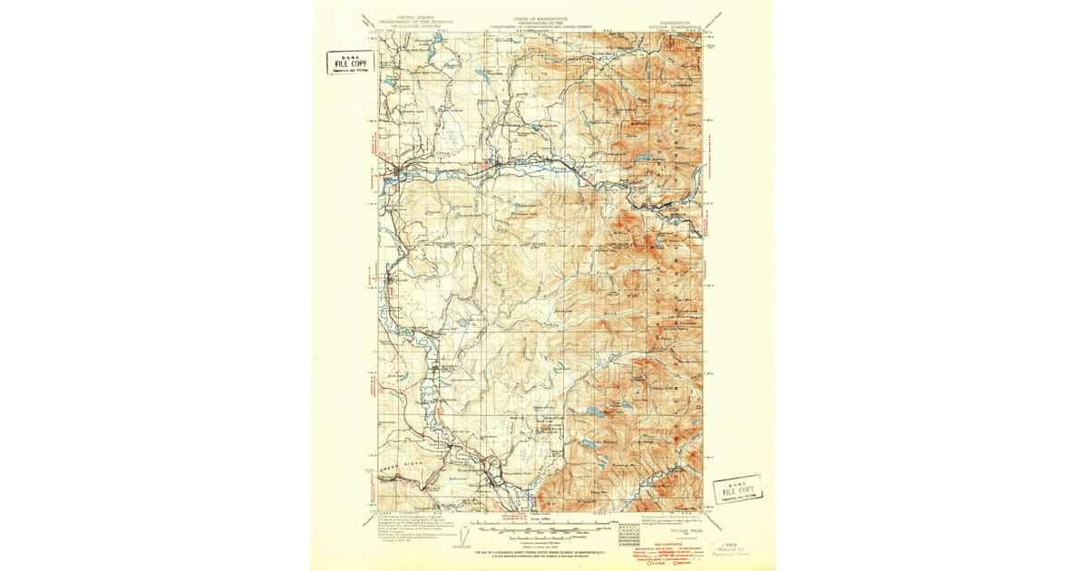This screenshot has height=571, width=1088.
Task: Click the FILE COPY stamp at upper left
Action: point(350,62)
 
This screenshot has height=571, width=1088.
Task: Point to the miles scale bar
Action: point(544,523)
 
